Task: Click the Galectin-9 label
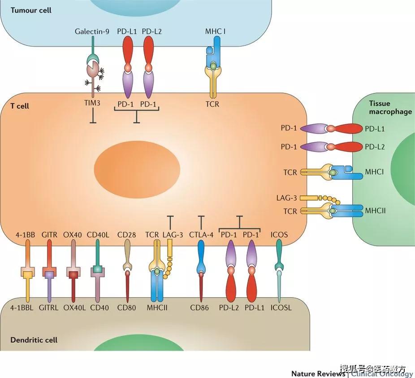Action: click(x=91, y=31)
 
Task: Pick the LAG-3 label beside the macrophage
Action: click(x=287, y=198)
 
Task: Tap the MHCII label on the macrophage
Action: click(x=375, y=211)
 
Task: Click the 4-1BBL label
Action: click(x=25, y=308)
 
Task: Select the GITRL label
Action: click(x=49, y=308)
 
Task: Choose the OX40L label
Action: click(x=74, y=308)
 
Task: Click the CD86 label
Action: click(x=199, y=308)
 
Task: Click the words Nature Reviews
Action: click(x=318, y=374)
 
